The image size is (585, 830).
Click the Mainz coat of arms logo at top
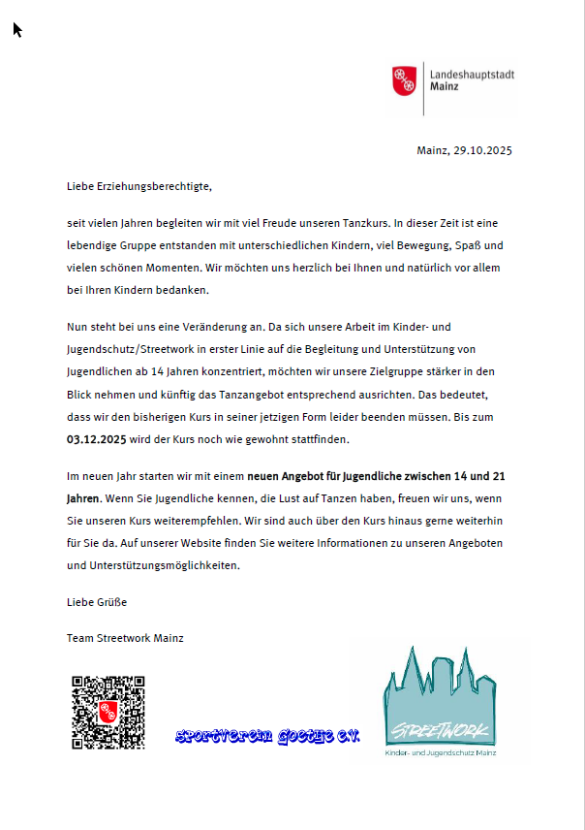pyautogui.click(x=404, y=81)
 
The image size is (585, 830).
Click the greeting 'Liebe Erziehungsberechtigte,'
pyautogui.click(x=139, y=184)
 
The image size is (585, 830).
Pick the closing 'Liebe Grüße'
pyautogui.click(x=96, y=602)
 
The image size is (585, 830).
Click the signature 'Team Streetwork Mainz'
pyautogui.click(x=125, y=638)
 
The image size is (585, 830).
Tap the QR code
pyautogui.click(x=108, y=713)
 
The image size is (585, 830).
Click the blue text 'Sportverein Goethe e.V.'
pyautogui.click(x=267, y=737)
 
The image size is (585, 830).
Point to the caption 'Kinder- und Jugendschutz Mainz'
pyautogui.click(x=441, y=753)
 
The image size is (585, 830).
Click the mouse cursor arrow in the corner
pyautogui.click(x=16, y=29)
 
